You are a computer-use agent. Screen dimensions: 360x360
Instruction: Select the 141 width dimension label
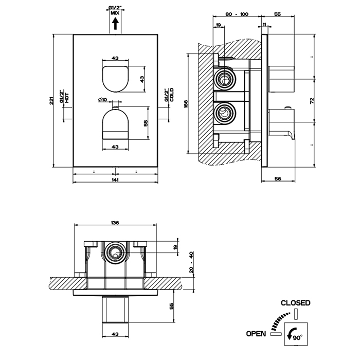[x=115, y=181]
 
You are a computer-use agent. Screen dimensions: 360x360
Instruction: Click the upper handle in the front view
[x=115, y=77]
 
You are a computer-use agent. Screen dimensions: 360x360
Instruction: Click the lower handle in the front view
[x=115, y=124]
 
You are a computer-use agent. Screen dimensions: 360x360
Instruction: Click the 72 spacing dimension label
[x=311, y=100]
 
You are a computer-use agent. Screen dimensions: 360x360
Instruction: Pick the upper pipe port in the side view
[x=224, y=79]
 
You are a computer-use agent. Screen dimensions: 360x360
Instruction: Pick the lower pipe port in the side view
[x=224, y=112]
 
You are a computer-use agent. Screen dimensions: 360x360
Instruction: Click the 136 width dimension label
[x=115, y=223]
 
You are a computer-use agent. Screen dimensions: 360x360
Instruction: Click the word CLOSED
[x=295, y=303]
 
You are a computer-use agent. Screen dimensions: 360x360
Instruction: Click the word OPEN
[x=256, y=334]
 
